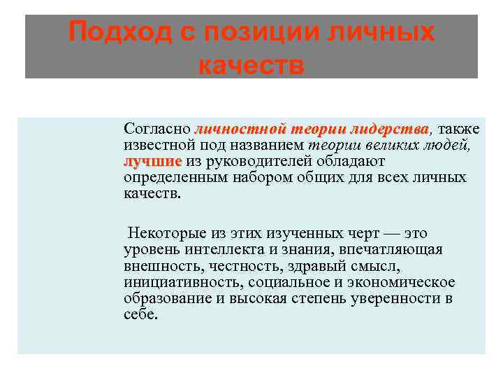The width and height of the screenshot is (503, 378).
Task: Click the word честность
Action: point(252,266)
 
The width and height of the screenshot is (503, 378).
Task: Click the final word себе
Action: point(140,314)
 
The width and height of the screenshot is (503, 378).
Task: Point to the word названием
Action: point(269,146)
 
